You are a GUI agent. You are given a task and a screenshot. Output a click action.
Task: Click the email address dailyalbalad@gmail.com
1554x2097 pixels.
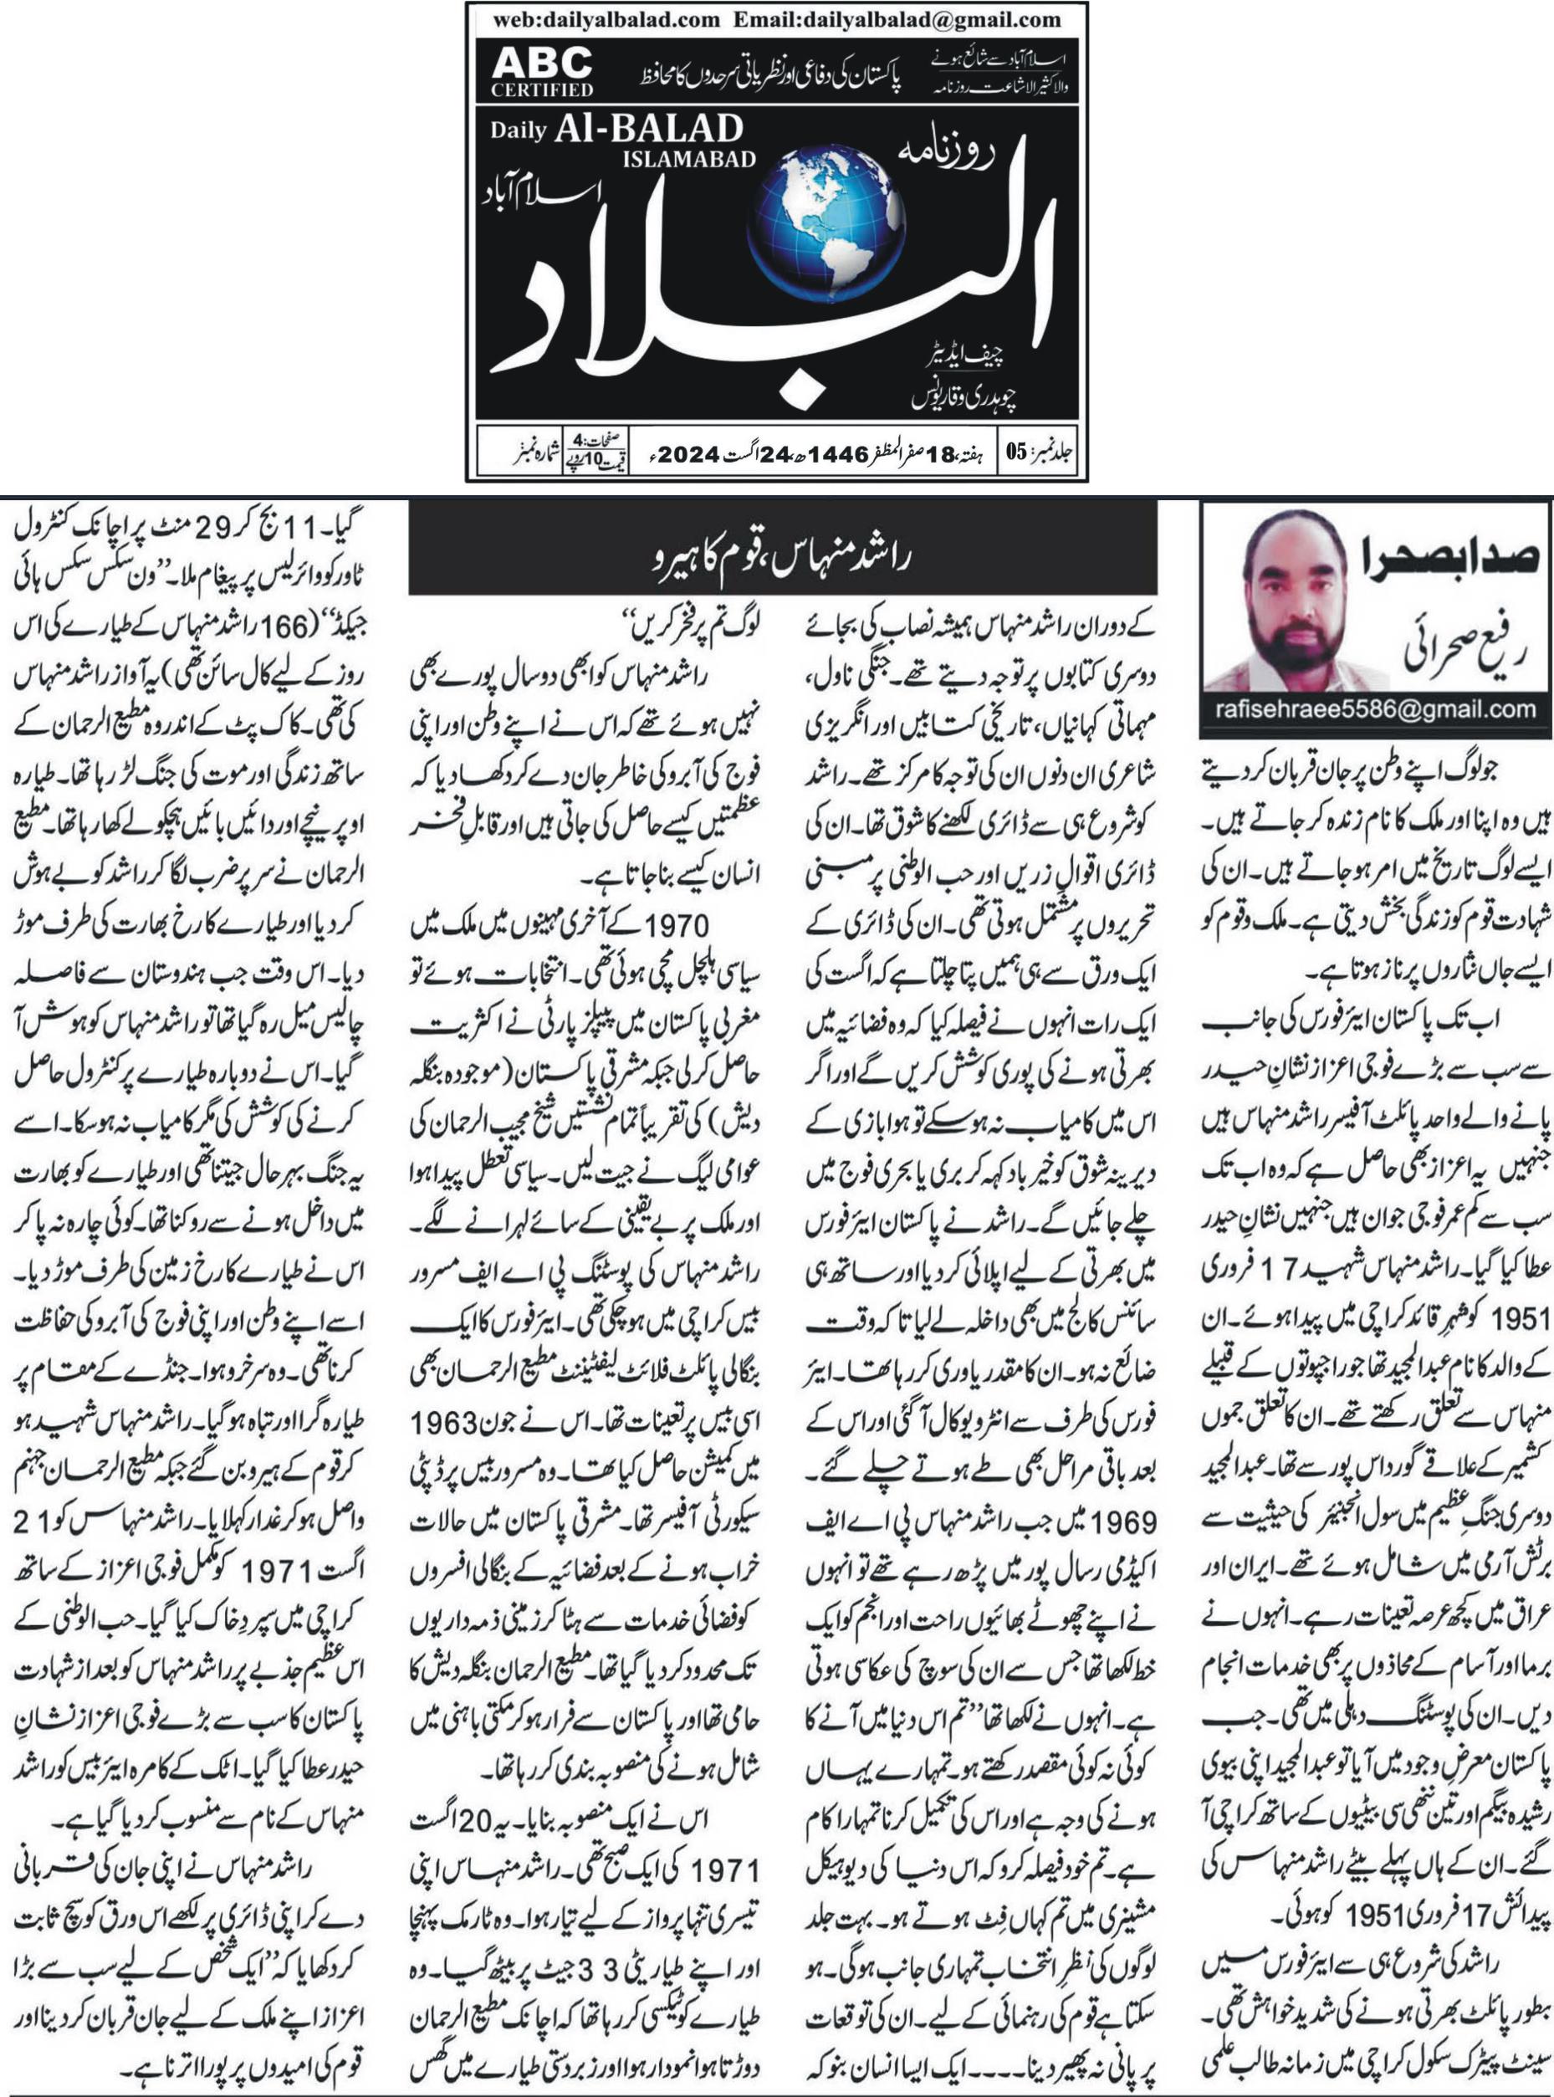(897, 18)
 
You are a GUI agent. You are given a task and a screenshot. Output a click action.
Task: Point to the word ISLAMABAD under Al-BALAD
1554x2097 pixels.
(688, 160)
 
